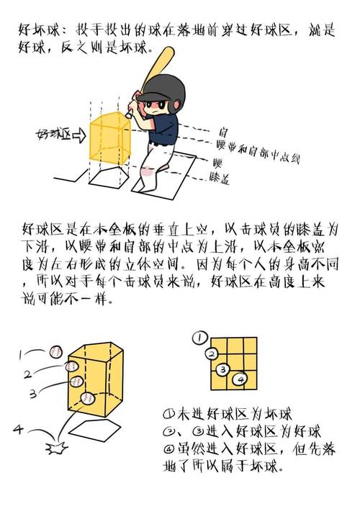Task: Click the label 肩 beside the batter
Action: coord(223,133)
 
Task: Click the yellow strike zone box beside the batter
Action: coord(107,137)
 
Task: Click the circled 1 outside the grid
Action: coord(199,336)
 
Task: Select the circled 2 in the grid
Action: coord(211,353)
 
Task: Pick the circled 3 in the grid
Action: coord(223,369)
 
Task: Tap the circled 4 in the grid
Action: coord(241,378)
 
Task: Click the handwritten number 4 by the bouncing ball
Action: coord(18,430)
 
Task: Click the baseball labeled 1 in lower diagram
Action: coord(55,351)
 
